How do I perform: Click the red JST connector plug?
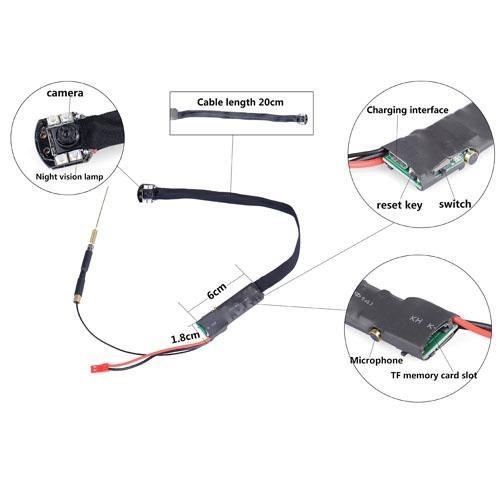(98, 368)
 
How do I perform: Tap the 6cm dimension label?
(217, 290)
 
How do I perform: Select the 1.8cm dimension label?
(185, 337)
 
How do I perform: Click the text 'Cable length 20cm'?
(240, 102)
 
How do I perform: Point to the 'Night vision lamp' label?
(69, 177)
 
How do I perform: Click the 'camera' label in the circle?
(65, 93)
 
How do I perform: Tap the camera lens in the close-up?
(62, 135)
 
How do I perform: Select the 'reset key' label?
(399, 205)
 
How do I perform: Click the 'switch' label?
(455, 204)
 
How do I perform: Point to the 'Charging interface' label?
(407, 110)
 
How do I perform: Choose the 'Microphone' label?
(376, 360)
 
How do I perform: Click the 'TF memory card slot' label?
(434, 375)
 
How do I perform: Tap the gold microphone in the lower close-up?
(376, 333)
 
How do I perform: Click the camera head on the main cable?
(146, 193)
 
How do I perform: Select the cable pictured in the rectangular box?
(240, 117)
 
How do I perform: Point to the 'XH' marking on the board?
(416, 319)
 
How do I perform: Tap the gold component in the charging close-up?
(471, 157)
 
